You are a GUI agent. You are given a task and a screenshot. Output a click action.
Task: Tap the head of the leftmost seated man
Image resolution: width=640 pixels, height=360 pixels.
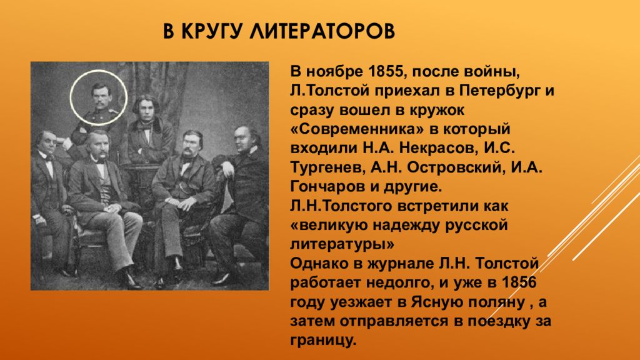[46, 142]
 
